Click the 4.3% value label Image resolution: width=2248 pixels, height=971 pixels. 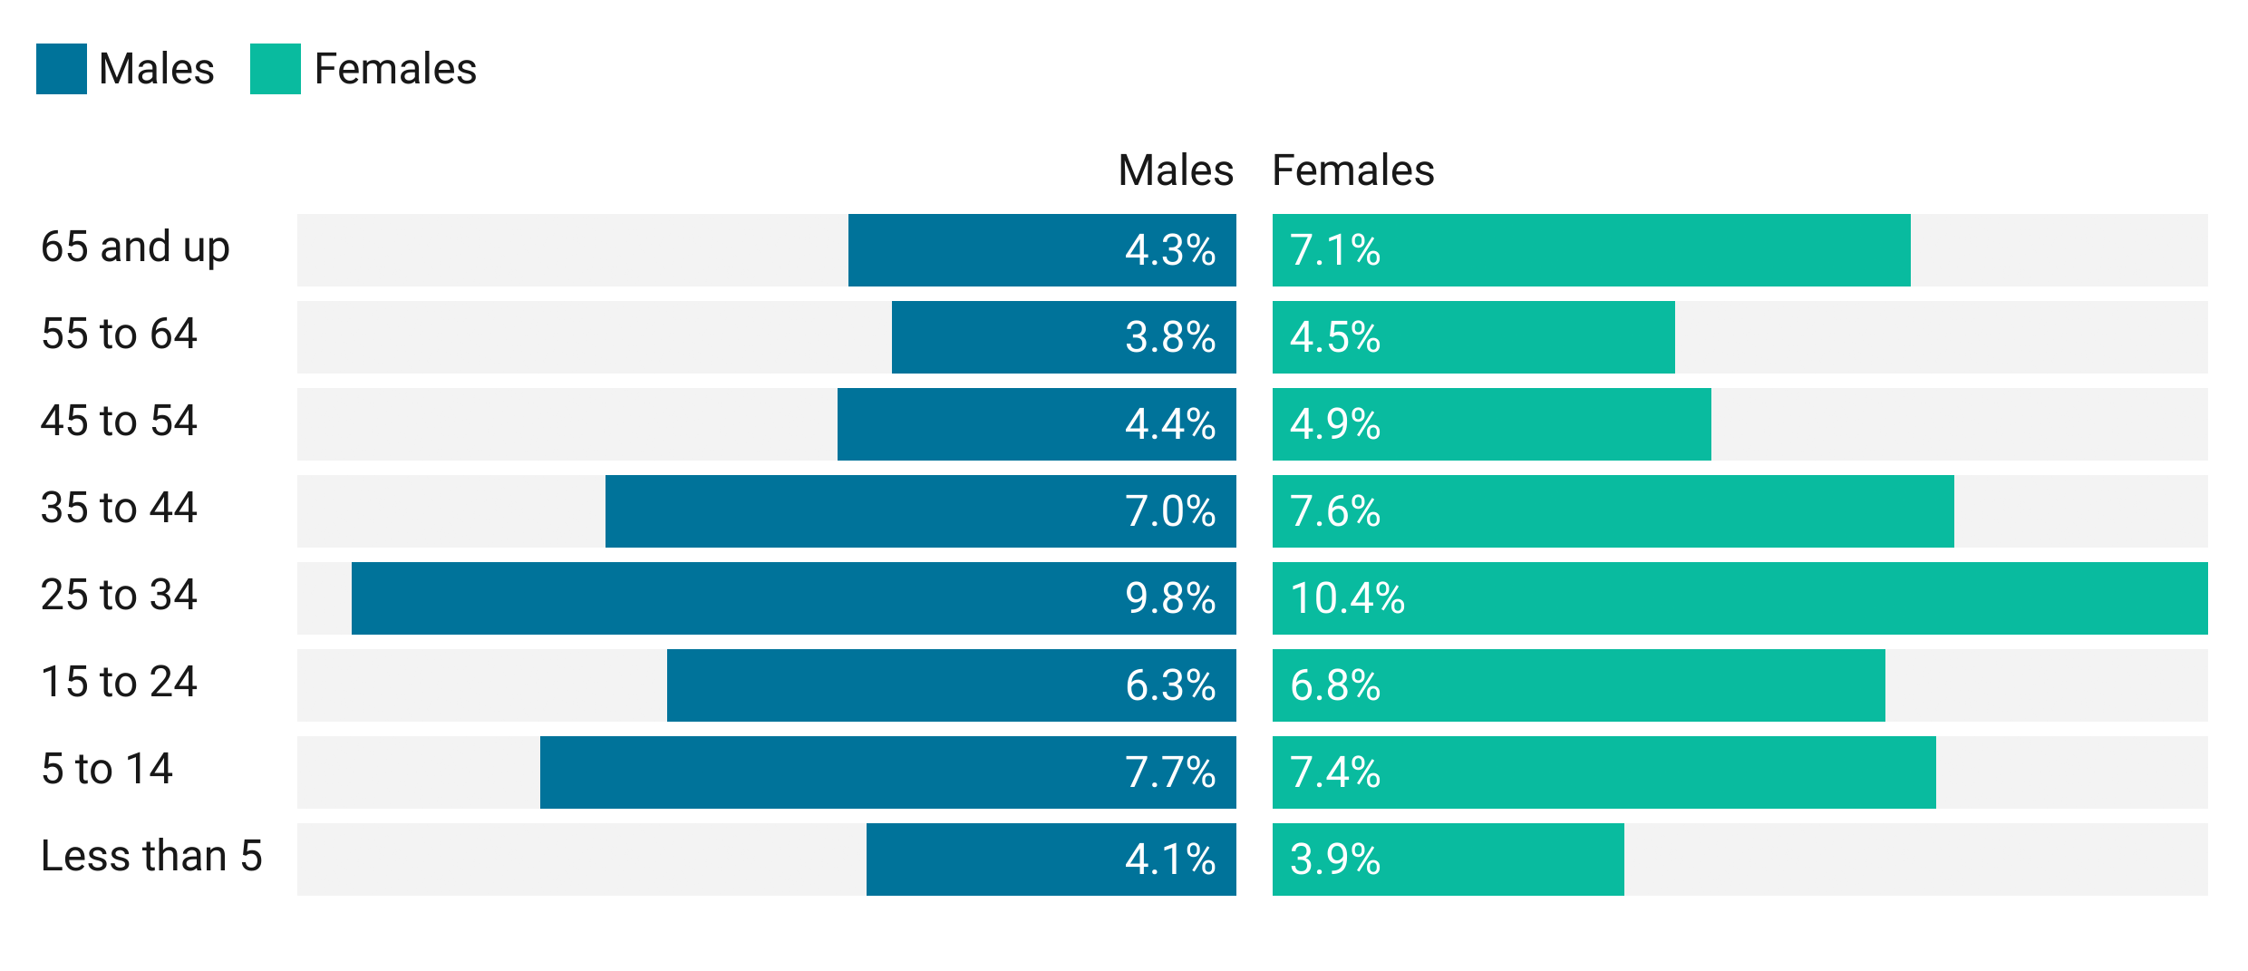tap(1170, 250)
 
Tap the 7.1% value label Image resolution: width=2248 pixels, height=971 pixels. tap(1335, 250)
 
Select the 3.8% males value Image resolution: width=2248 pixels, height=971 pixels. tap(1170, 337)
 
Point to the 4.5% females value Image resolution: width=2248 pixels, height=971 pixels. tap(1335, 337)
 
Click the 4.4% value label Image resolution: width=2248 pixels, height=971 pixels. tap(1170, 424)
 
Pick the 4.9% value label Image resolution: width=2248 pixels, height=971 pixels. tap(1335, 424)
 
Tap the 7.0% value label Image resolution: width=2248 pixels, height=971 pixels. tap(1170, 511)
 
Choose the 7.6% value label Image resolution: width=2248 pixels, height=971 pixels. tap(1335, 511)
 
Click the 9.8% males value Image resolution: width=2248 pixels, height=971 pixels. tap(1170, 598)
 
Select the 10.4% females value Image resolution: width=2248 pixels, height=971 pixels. tap(1347, 598)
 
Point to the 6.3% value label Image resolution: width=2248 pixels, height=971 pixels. tap(1170, 685)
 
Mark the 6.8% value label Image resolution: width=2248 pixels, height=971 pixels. tap(1335, 685)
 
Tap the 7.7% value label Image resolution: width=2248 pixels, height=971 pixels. tap(1170, 772)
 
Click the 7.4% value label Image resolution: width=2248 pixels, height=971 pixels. tap(1335, 772)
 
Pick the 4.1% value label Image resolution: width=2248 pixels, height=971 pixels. tap(1170, 859)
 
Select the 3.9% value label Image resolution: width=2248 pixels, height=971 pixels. tap(1335, 859)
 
